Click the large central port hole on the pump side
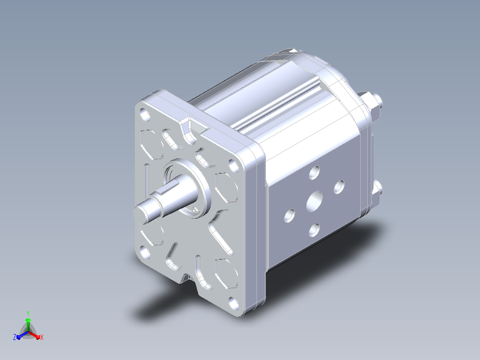coord(314,201)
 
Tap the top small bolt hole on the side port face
coord(314,172)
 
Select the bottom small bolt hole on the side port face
coord(314,230)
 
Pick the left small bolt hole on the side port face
coord(289,216)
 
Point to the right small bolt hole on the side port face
coord(339,187)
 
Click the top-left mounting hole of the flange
coord(145,115)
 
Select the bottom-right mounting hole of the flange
coord(234,303)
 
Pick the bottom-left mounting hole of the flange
coord(145,253)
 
